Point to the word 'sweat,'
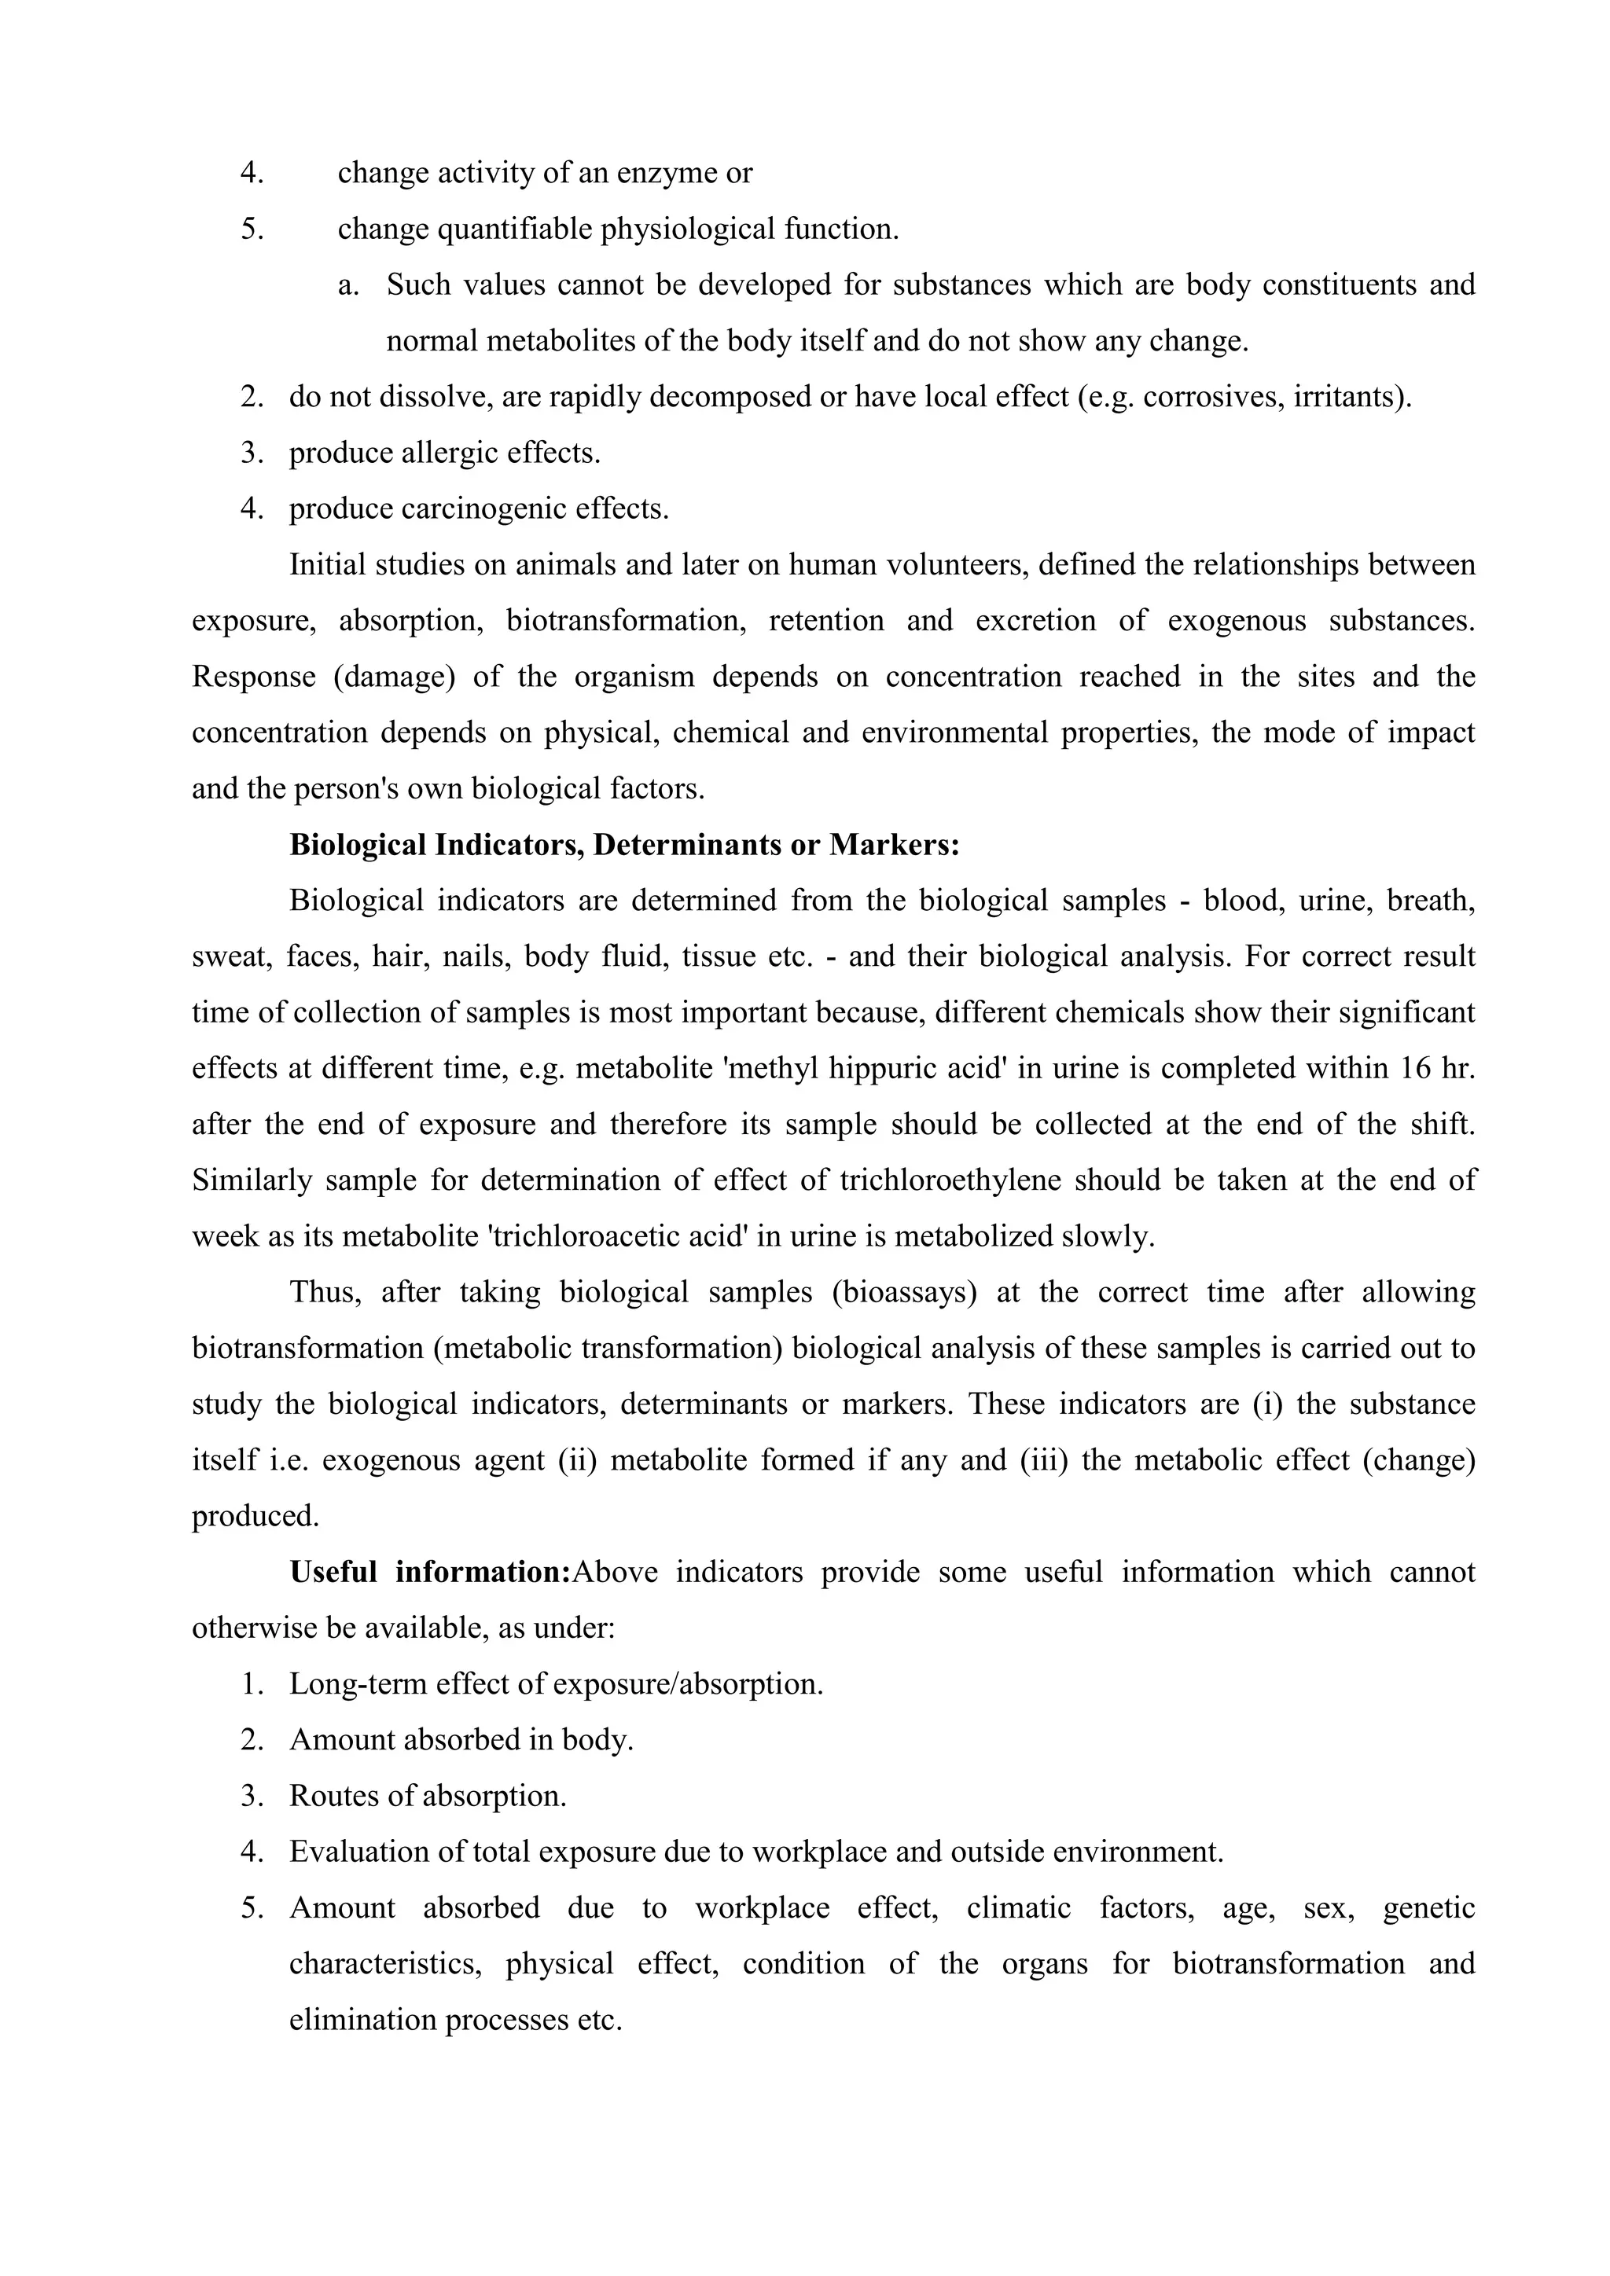232,957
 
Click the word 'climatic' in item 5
1018,1909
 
